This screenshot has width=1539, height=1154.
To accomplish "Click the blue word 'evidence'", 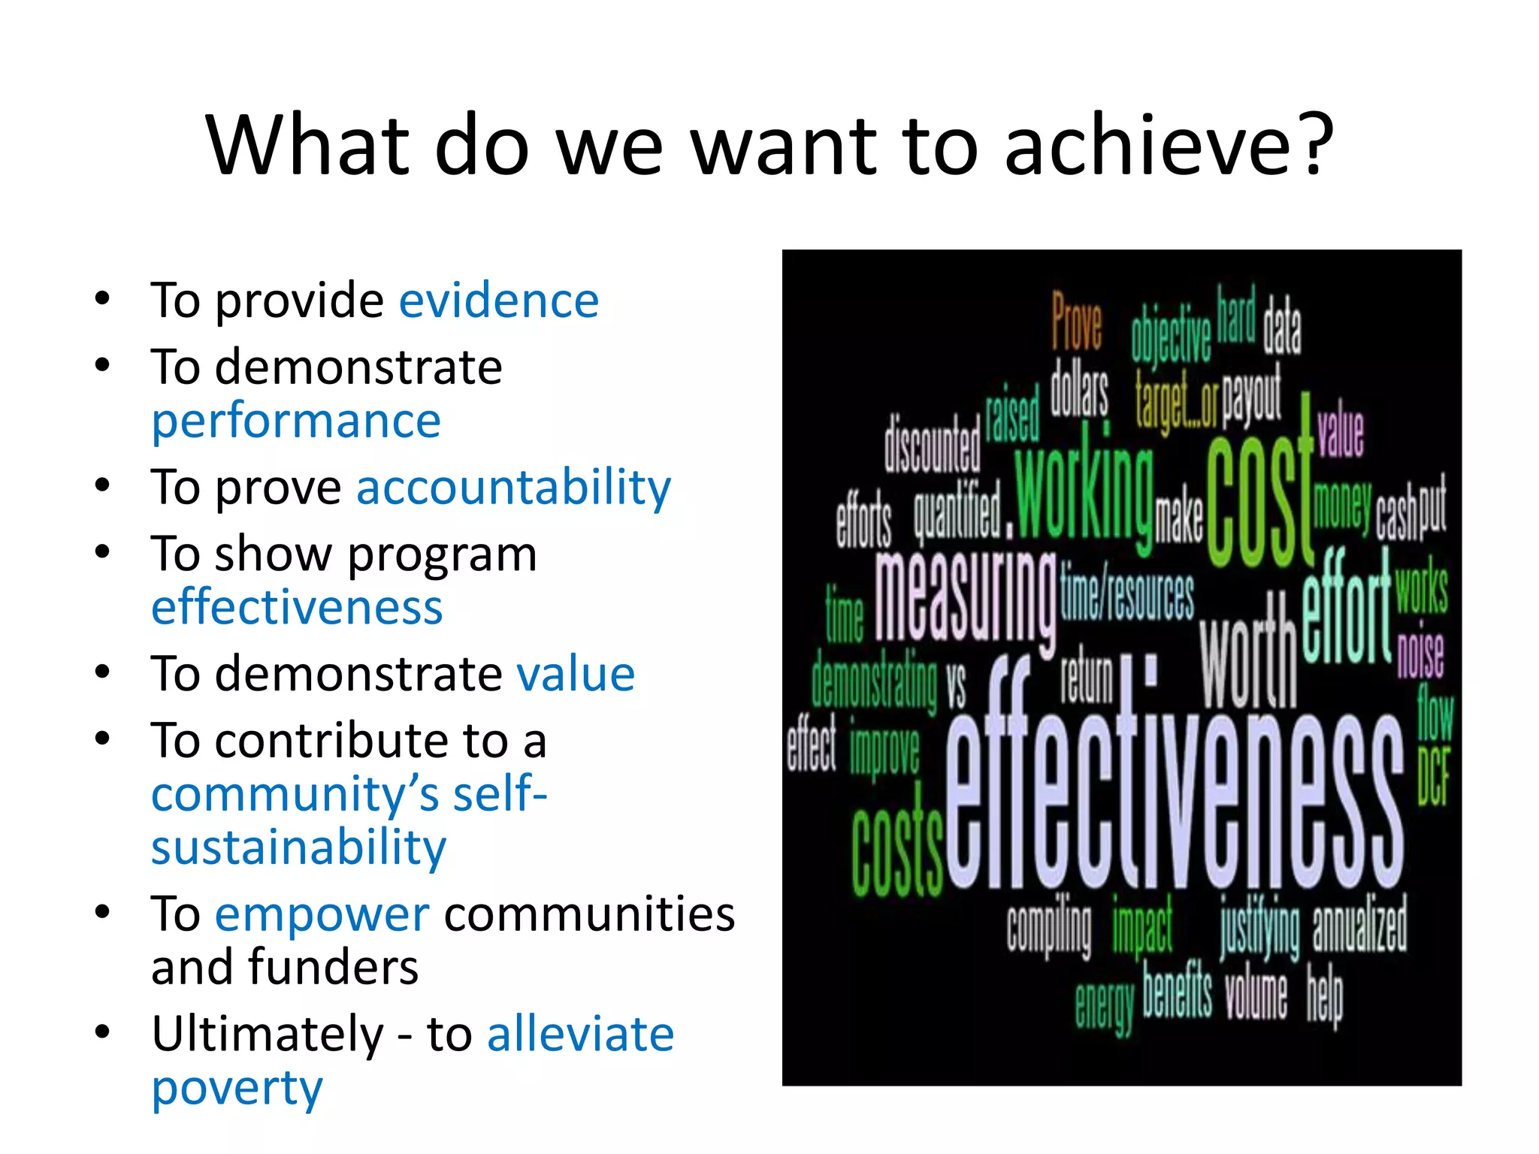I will (498, 301).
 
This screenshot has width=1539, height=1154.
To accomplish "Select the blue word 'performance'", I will (296, 421).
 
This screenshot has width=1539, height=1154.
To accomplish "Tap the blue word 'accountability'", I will (513, 488).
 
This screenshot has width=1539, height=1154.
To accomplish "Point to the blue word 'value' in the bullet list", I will (576, 673).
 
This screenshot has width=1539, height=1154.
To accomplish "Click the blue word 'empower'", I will (322, 915).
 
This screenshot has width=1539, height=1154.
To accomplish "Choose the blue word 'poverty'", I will (237, 1088).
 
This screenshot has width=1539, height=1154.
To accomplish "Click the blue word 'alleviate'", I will (580, 1034).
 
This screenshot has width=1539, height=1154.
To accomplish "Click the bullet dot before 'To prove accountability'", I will (103, 485).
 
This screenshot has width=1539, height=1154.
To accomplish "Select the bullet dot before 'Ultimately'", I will (103, 1032).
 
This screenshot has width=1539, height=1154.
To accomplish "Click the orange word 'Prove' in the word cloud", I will (1076, 322).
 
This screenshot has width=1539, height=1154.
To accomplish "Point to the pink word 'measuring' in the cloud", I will (965, 597).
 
